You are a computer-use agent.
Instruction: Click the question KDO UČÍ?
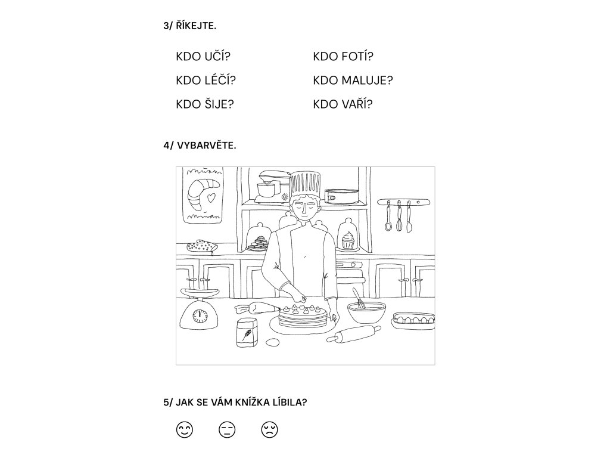(203, 57)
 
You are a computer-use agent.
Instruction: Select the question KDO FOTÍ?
(343, 57)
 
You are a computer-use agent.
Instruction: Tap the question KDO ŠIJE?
(205, 104)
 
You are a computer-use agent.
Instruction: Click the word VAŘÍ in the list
(356, 104)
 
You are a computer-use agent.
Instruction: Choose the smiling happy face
(185, 429)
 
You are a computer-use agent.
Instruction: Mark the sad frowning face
(269, 429)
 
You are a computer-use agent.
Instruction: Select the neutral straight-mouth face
(227, 429)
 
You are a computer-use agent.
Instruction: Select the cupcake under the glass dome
(347, 241)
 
